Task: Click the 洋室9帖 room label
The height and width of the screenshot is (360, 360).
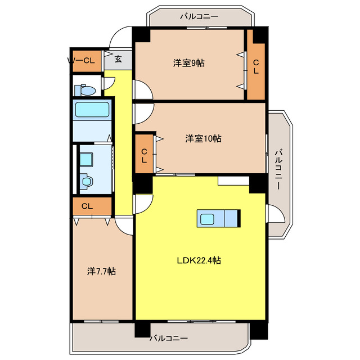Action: pos(188,64)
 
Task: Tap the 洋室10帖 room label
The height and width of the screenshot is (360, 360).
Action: pos(203,138)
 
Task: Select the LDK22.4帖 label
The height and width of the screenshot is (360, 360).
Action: pos(199,260)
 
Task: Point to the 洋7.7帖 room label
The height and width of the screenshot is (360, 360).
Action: pos(101,271)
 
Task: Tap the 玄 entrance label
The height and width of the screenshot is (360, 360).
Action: pos(118,58)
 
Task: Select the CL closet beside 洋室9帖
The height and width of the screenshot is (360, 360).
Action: pos(256,67)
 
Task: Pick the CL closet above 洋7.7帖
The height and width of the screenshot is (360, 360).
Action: pos(87,206)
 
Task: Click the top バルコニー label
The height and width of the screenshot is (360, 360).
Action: pos(199,16)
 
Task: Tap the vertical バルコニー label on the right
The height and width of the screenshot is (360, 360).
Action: pos(278,169)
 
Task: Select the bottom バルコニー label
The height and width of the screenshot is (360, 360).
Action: pos(169,339)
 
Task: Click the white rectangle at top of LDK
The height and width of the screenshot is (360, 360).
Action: pos(233,181)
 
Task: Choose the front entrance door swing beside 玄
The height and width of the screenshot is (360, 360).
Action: pos(119,40)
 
